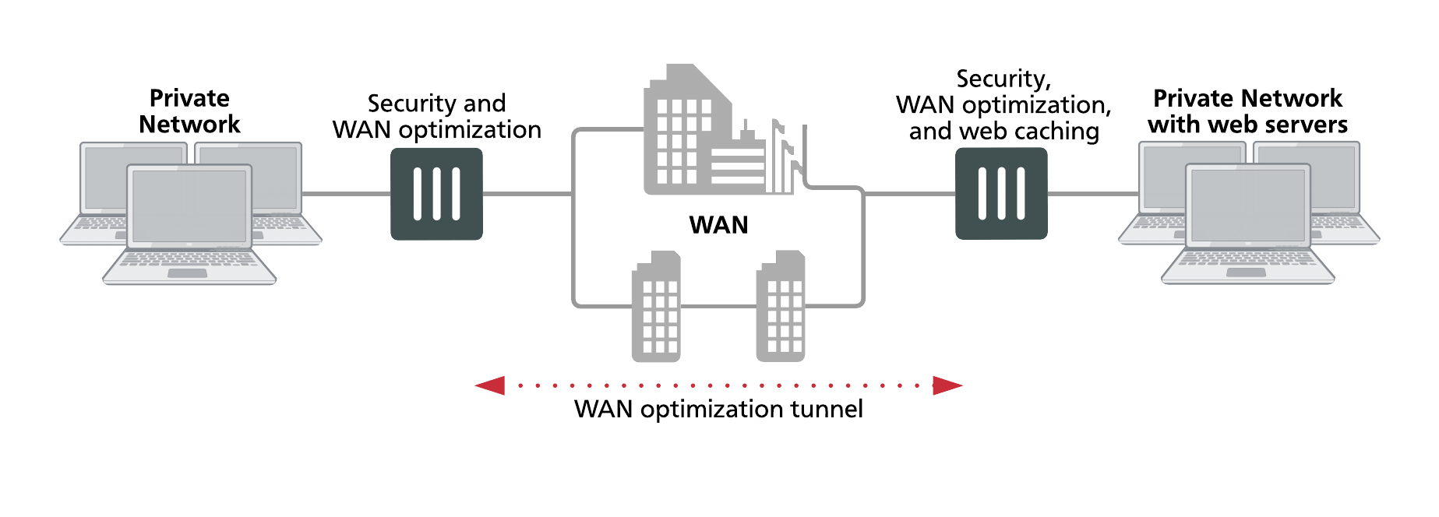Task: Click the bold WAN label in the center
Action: (x=718, y=225)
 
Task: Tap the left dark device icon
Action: (x=436, y=194)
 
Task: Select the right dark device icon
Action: (x=1001, y=194)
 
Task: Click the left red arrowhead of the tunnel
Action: (x=490, y=385)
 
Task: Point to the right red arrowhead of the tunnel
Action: (x=947, y=385)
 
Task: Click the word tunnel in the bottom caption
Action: (x=827, y=409)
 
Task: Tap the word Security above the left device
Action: (x=412, y=104)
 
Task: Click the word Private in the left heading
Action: (x=189, y=98)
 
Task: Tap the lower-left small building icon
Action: (x=656, y=307)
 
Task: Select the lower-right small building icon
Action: (x=781, y=307)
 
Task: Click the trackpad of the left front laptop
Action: (x=188, y=273)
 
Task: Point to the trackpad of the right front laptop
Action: (x=1247, y=273)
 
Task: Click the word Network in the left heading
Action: (x=189, y=125)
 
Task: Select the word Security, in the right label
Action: (x=1003, y=79)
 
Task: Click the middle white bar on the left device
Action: (x=436, y=194)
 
